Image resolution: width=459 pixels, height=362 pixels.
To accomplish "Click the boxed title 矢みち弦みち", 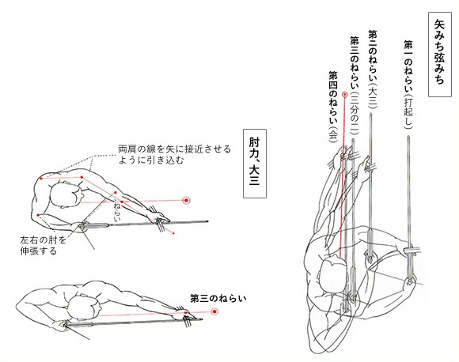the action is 440,55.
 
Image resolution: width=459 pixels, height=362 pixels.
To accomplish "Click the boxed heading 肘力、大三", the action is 255,164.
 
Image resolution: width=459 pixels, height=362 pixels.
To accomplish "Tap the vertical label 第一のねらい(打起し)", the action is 408,85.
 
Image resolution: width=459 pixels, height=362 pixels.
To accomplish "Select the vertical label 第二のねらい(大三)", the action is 373,70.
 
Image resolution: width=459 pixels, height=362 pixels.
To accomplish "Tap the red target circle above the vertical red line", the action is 345,94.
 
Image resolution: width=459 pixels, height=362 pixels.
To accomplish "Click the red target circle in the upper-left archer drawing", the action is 186,200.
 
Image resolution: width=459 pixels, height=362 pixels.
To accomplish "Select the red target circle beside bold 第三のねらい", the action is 214,311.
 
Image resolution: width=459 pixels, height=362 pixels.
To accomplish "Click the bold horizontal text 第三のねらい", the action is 218,299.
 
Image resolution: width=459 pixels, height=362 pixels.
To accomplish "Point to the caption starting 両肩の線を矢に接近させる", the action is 174,155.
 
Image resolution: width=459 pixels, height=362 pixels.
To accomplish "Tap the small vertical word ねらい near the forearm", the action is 117,211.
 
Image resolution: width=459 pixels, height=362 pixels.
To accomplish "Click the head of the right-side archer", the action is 333,275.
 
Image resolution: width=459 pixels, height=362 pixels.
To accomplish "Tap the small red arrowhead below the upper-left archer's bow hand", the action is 174,233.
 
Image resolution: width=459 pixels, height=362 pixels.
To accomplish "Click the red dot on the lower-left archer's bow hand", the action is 186,313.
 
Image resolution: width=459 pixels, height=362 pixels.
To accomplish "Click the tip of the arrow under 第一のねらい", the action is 408,136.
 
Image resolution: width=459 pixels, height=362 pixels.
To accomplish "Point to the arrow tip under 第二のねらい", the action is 370,115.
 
